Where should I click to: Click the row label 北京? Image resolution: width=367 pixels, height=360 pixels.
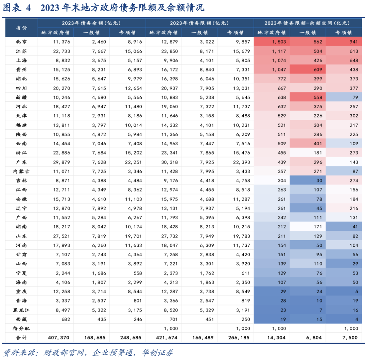(21, 42)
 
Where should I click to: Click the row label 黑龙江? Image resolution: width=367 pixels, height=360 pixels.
(21, 310)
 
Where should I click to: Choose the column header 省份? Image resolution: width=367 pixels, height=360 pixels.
(21, 28)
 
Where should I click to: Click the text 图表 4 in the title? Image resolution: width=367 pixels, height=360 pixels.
(17, 8)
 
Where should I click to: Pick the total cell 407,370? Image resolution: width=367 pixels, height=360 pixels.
(59, 338)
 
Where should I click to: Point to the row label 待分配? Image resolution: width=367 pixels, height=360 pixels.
(21, 329)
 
